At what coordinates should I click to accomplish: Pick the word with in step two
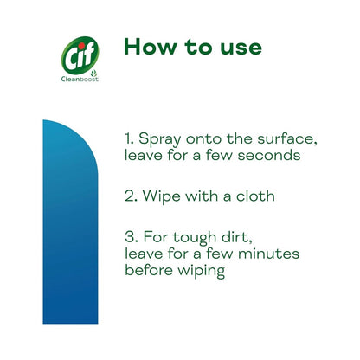(x=196, y=196)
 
